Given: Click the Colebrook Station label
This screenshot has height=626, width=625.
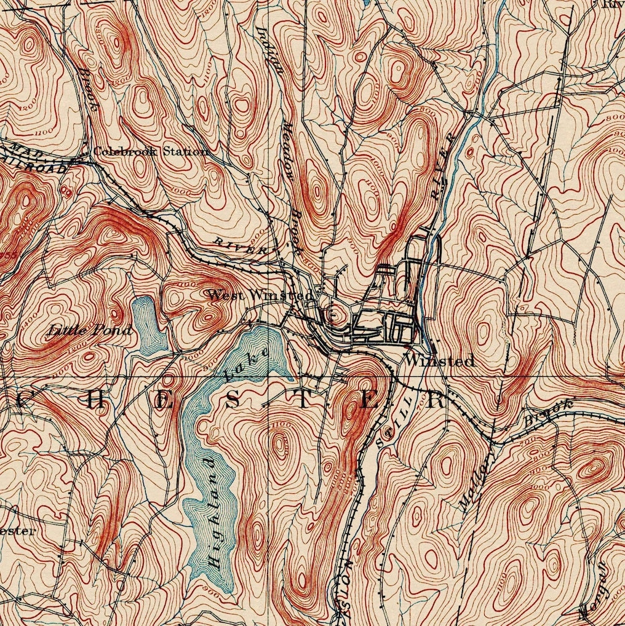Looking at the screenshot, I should tap(150, 151).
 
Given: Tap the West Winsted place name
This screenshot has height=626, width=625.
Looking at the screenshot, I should tap(260, 295).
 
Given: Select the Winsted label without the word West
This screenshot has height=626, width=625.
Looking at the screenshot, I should tap(439, 361).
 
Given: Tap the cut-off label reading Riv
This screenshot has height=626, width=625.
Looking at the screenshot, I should tap(613, 4).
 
